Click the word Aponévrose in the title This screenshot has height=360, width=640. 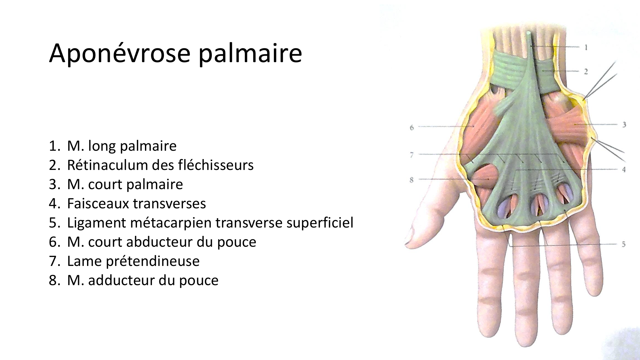coord(120,53)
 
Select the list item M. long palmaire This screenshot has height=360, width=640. coord(113,146)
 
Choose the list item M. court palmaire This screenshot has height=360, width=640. coord(116,184)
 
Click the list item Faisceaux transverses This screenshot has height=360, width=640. coord(127,204)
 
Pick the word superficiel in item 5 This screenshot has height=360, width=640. coord(320,223)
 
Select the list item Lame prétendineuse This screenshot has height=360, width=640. coord(124,261)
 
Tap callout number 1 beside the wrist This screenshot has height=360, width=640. coord(586,48)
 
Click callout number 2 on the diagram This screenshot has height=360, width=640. coord(586,72)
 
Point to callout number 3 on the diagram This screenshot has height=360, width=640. coord(624,124)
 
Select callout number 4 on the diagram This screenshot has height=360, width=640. coord(624,170)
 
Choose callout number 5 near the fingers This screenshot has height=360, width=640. coord(624,244)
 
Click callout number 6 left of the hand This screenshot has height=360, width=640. coord(412,128)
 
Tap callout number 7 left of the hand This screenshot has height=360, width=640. coord(412,155)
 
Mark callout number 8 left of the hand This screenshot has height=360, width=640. coord(412,180)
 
